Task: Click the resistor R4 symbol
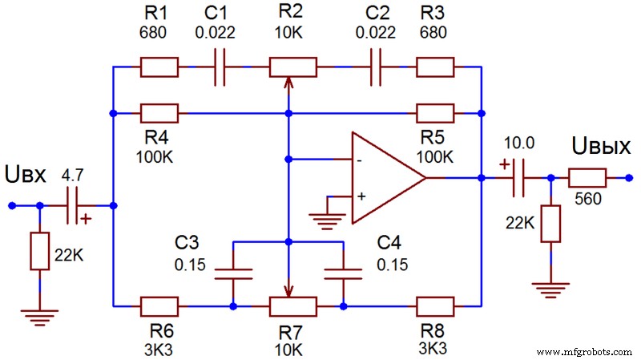click(159, 113)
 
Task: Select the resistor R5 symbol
click(434, 113)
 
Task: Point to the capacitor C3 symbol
click(233, 273)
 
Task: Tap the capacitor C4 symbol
click(343, 273)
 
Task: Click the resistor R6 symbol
click(159, 305)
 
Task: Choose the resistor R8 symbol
click(434, 305)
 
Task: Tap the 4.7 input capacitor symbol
click(75, 206)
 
